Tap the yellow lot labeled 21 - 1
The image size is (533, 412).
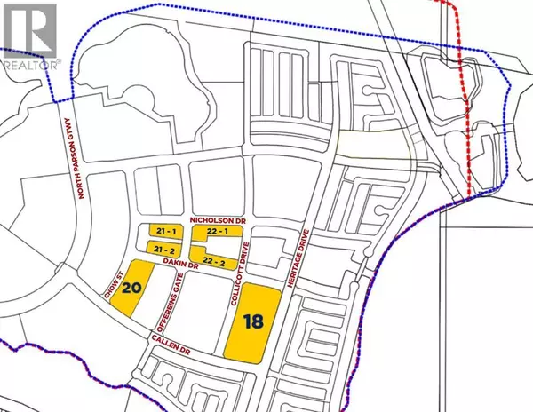pyautogui.click(x=162, y=232)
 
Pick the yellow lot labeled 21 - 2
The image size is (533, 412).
pyautogui.click(x=163, y=251)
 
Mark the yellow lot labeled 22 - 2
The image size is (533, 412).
pyautogui.click(x=215, y=260)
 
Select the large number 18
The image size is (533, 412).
pyautogui.click(x=251, y=322)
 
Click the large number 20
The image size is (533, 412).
pyautogui.click(x=131, y=288)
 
